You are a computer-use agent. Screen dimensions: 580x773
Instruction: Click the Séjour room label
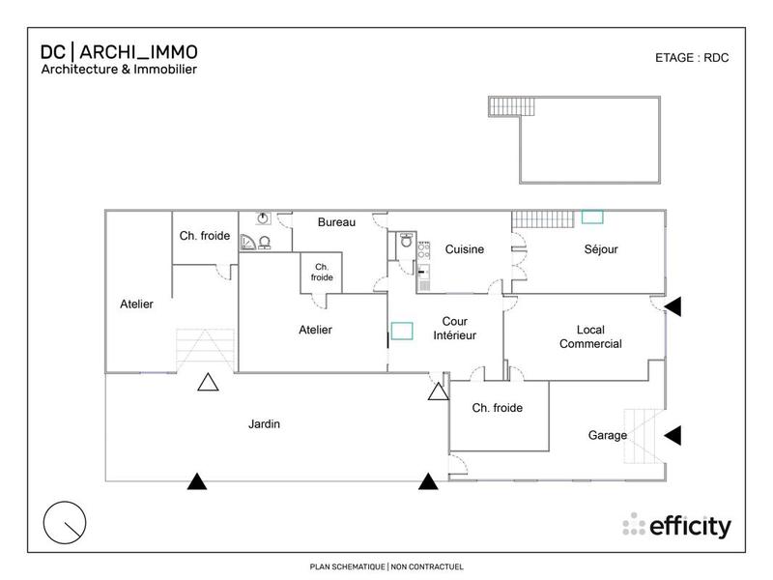coord(601,249)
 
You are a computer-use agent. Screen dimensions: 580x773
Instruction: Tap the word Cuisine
coord(464,249)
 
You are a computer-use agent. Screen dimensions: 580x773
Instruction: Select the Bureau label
coord(337,222)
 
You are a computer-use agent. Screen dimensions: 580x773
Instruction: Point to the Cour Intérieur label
coord(461,328)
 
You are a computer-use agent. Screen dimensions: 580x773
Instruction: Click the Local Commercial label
coord(590,336)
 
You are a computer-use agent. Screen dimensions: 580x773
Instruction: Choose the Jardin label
coord(265,423)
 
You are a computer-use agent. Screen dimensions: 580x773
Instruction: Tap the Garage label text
coord(608,435)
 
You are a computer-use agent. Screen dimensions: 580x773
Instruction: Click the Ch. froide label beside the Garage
coord(497,408)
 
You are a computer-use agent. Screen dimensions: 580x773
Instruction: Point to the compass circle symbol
coord(66,524)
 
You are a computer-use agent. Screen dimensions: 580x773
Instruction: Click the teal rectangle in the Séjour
coord(592,218)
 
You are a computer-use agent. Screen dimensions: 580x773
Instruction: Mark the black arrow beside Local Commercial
coord(674,306)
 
